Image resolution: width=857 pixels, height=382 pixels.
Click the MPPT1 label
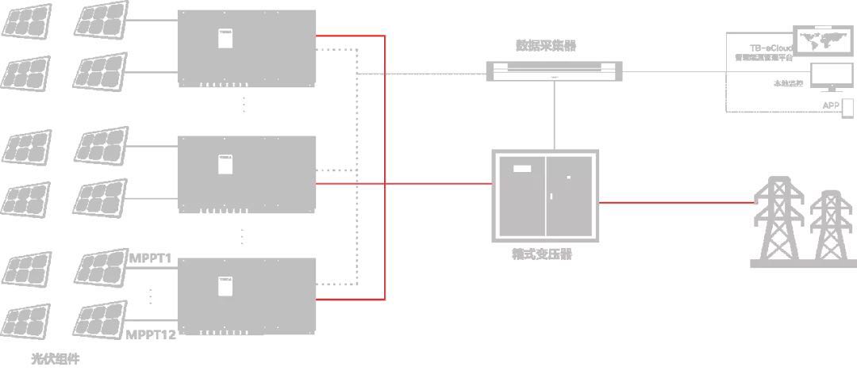pyautogui.click(x=150, y=258)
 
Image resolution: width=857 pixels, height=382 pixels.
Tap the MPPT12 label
pyautogui.click(x=151, y=334)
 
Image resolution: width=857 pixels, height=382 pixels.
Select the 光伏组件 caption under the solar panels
pyautogui.click(x=55, y=359)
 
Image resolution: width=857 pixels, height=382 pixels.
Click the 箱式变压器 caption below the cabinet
pyautogui.click(x=543, y=254)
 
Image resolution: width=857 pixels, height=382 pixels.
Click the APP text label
pyautogui.click(x=830, y=105)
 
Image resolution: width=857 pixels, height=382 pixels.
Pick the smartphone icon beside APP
pyautogui.click(x=847, y=105)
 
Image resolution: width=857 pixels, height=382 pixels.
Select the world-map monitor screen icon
pyautogui.click(x=825, y=41)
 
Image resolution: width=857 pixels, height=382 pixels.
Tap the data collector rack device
pyautogui.click(x=554, y=71)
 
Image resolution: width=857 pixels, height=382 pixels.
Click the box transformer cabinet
pyautogui.click(x=545, y=196)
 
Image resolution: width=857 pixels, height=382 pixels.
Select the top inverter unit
pyautogui.click(x=246, y=48)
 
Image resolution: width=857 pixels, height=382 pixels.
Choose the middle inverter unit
pyautogui.click(x=246, y=173)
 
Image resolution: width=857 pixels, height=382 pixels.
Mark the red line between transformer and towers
pyautogui.click(x=674, y=202)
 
